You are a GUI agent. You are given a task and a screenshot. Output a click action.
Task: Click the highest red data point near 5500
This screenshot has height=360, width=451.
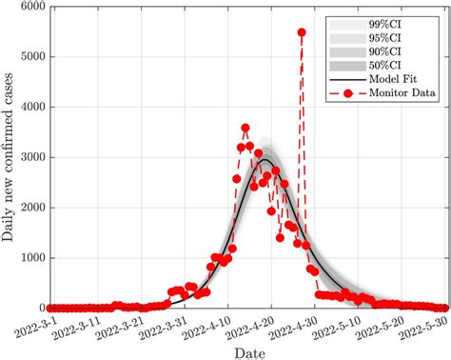point(302,31)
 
